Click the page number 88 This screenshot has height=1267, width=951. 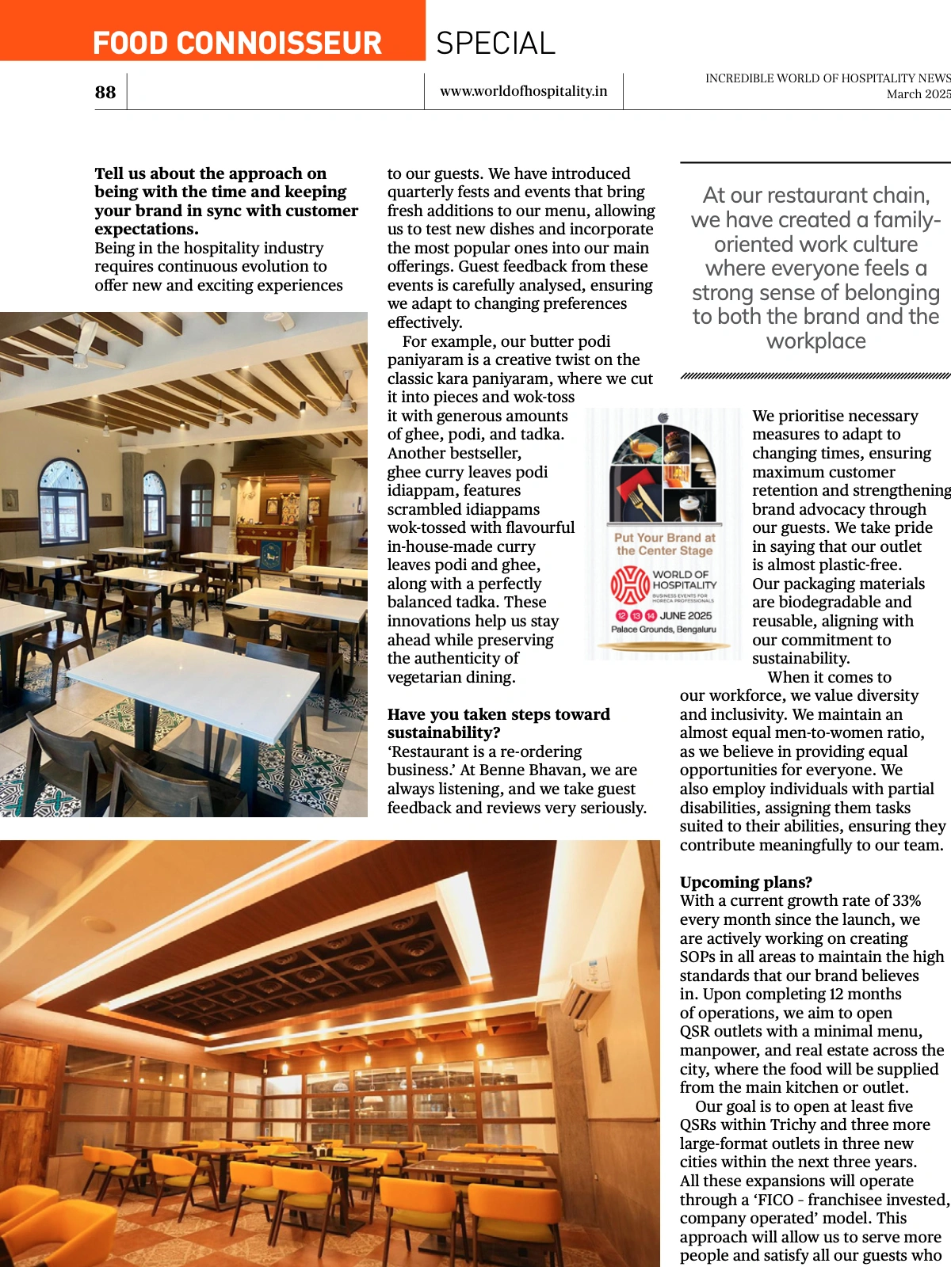point(105,93)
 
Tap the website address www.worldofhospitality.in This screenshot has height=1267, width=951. point(523,91)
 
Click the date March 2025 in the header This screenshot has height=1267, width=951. point(918,93)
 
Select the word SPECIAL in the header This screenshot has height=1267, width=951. point(495,44)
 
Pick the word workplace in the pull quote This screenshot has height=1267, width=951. point(815,341)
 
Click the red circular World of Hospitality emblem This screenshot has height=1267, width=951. point(630,585)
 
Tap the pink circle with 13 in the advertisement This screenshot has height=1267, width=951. point(636,616)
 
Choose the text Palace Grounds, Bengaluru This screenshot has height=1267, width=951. point(663,630)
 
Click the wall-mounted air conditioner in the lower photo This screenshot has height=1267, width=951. point(587,983)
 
